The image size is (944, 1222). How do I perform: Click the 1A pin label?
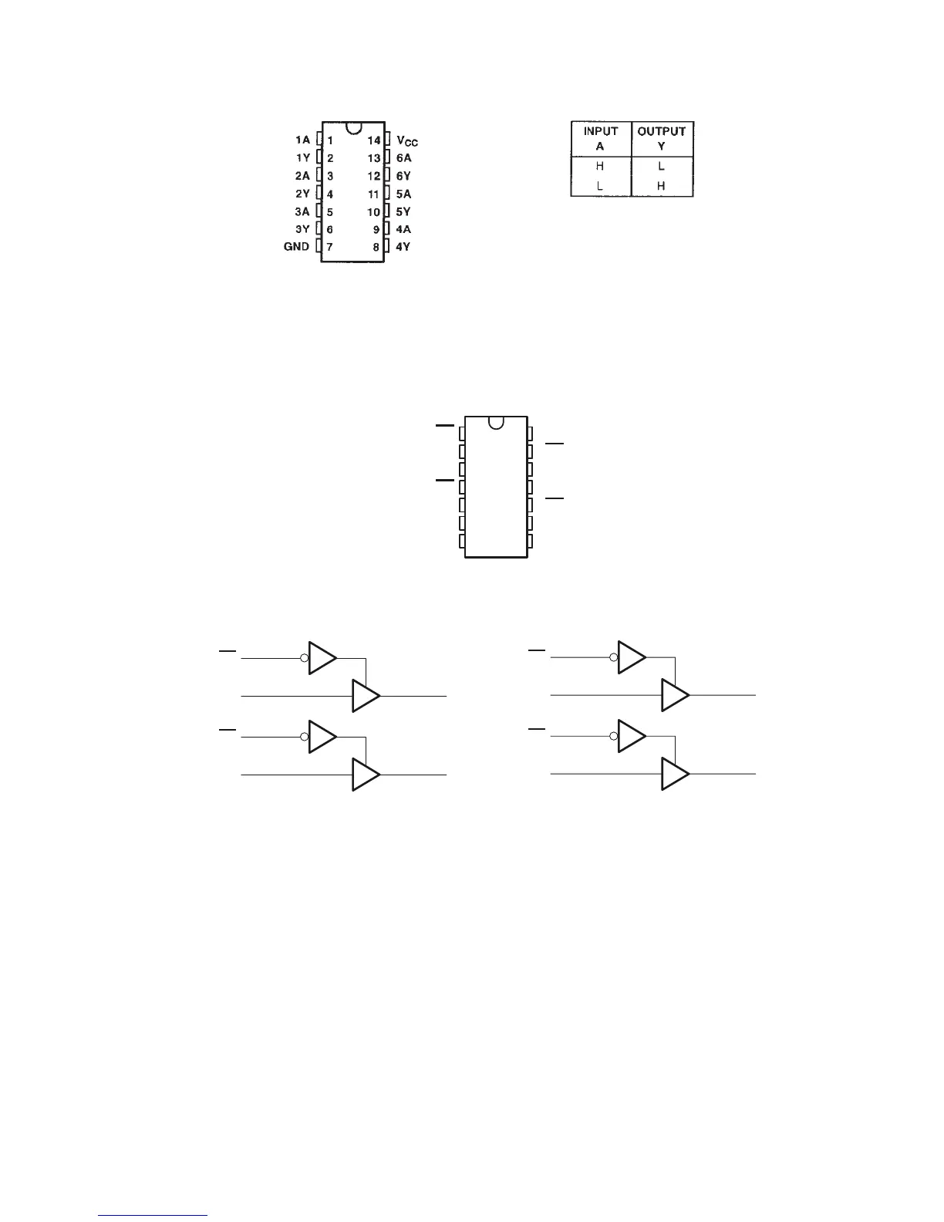302,140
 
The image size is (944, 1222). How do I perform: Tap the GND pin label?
297,247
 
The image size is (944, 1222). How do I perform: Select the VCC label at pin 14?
407,140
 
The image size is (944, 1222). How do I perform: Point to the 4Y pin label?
403,247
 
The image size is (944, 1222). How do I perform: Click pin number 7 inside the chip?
330,247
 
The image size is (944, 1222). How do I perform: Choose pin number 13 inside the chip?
374,158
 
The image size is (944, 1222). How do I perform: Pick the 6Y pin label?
403,176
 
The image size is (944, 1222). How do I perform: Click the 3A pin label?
302,211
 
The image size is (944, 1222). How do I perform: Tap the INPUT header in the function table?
600,132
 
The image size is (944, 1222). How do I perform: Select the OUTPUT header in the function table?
662,132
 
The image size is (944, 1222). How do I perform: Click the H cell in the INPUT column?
600,166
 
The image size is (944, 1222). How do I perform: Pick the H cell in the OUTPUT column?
662,186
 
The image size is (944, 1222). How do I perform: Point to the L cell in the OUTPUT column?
662,166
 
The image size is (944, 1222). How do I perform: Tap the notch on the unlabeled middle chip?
496,422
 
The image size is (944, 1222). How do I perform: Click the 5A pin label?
403,194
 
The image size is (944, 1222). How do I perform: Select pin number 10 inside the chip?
374,211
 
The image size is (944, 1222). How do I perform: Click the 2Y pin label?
302,194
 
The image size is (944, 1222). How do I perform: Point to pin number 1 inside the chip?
330,140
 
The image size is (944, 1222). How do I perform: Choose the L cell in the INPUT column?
600,186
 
